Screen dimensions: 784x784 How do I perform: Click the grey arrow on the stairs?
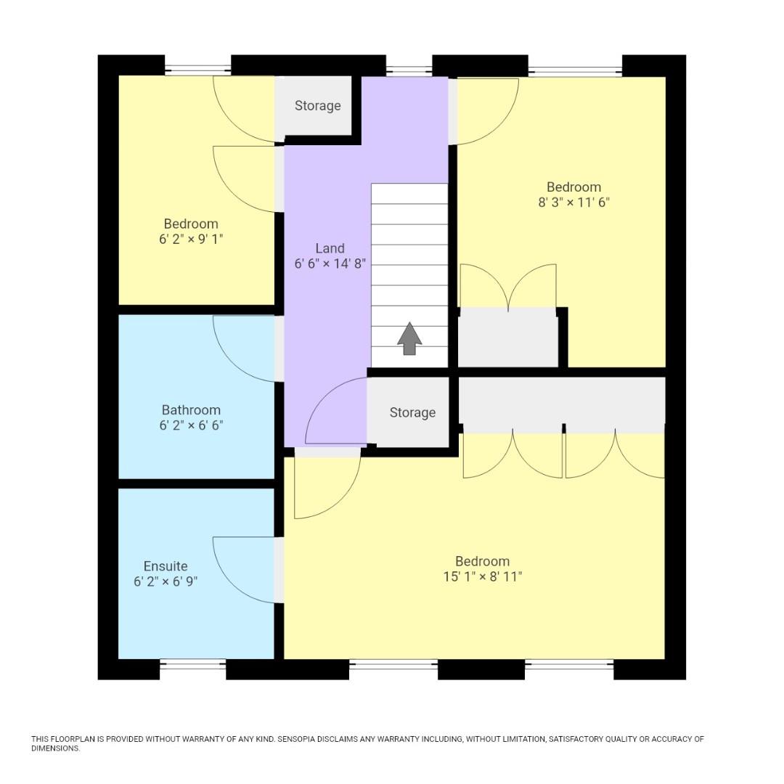pyautogui.click(x=409, y=338)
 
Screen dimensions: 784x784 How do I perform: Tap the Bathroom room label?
pyautogui.click(x=191, y=410)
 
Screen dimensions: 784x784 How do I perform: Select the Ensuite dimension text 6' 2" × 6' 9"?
pyautogui.click(x=166, y=581)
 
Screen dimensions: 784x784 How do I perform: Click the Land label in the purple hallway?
pyautogui.click(x=330, y=248)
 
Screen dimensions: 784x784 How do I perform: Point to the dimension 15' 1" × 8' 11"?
pyautogui.click(x=483, y=577)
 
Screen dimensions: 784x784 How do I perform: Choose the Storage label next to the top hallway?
pyautogui.click(x=317, y=106)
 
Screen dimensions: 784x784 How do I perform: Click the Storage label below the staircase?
pyautogui.click(x=412, y=412)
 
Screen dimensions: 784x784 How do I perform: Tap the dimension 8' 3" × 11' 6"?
pyautogui.click(x=573, y=203)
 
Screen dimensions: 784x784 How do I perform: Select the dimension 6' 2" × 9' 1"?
pyautogui.click(x=191, y=239)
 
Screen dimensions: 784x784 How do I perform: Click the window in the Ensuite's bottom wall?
pyautogui.click(x=192, y=663)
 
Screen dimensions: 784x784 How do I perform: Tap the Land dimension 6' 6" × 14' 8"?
pyautogui.click(x=330, y=264)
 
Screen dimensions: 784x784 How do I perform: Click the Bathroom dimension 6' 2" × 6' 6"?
pyautogui.click(x=191, y=425)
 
